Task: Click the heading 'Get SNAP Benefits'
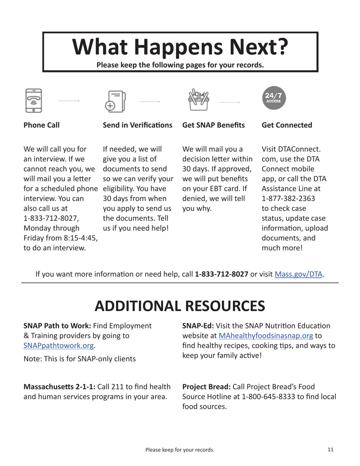213,125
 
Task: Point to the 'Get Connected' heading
287,125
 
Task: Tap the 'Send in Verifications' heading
137,125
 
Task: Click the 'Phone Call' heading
41,125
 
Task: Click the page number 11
330,450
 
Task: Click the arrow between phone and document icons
69,101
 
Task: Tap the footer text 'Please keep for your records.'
180,450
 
